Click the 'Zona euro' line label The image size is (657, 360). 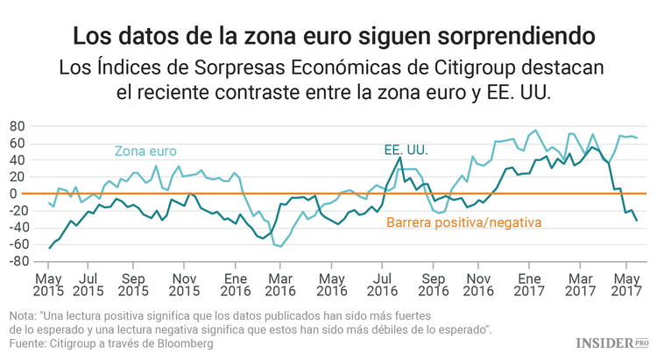click(145, 151)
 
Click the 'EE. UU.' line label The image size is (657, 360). click(406, 151)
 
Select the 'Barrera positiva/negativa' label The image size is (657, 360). click(464, 222)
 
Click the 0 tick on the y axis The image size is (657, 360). click(18, 194)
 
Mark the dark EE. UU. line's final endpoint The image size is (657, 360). click(636, 221)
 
